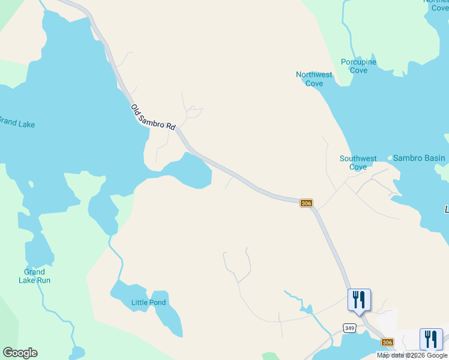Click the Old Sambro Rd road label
pos(153,117)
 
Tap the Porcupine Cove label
pos(358,66)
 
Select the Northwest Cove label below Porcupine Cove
pos(314,79)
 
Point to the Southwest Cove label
pos(358,163)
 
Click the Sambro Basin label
pos(419,158)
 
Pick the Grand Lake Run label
pos(34,276)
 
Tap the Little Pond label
pos(148,302)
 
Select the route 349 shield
pos(350,328)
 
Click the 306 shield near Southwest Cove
pos(306,203)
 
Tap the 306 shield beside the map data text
pos(388,341)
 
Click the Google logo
pos(20,352)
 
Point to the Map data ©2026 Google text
pos(412,355)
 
